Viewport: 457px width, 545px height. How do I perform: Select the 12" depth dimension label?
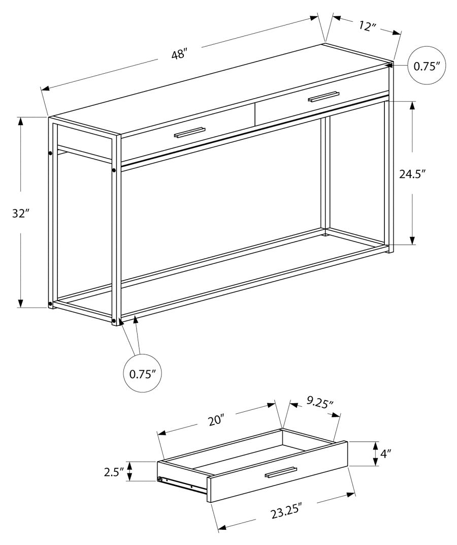point(365,26)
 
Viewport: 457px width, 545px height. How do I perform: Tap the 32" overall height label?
point(19,214)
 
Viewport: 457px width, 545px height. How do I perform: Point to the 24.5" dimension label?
point(412,174)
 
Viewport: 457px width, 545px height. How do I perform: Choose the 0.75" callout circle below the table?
point(142,374)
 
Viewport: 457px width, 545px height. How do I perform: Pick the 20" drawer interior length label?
point(216,420)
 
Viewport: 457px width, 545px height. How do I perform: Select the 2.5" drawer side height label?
point(114,472)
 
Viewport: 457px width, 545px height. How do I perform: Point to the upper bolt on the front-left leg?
point(114,170)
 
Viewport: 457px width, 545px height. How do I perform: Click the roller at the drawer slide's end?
point(160,479)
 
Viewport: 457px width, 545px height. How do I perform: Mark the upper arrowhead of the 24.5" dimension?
point(412,105)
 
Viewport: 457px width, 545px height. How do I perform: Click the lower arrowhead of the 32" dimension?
point(21,304)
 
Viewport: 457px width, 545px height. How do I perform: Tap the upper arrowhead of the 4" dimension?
point(375,445)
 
